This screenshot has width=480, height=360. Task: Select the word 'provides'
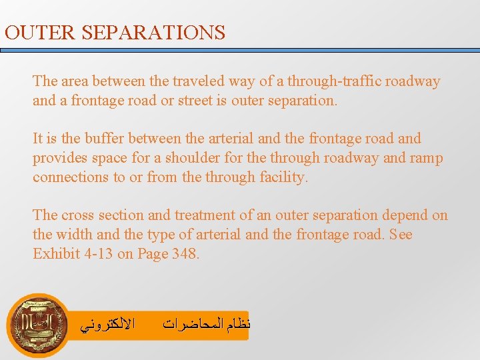59,159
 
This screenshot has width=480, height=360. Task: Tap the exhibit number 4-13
95,254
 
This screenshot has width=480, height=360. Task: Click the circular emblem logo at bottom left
38,324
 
